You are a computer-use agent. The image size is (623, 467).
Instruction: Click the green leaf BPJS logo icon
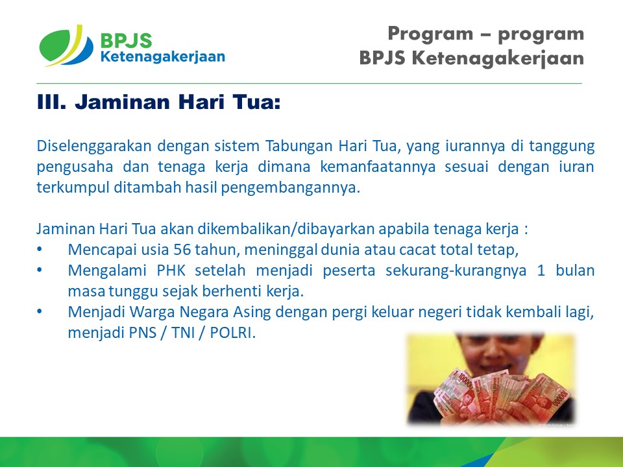pyautogui.click(x=66, y=45)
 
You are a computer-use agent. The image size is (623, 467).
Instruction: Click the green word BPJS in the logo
pyautogui.click(x=127, y=40)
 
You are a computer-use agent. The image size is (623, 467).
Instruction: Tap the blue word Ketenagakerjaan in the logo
pyautogui.click(x=163, y=56)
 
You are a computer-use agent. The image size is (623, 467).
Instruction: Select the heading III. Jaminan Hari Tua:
pyautogui.click(x=158, y=102)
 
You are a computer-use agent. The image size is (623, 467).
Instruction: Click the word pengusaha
pyautogui.click(x=75, y=167)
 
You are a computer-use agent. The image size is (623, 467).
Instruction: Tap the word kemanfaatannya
pyautogui.click(x=378, y=167)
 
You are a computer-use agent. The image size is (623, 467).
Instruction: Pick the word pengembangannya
pyautogui.click(x=290, y=187)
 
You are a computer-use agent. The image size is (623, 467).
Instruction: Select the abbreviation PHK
pyautogui.click(x=171, y=270)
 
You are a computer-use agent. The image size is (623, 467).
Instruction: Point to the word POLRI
pyautogui.click(x=232, y=333)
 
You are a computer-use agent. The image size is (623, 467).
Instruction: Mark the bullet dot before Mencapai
pyautogui.click(x=40, y=249)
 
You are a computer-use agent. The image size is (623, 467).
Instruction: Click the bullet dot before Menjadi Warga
pyautogui.click(x=40, y=312)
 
